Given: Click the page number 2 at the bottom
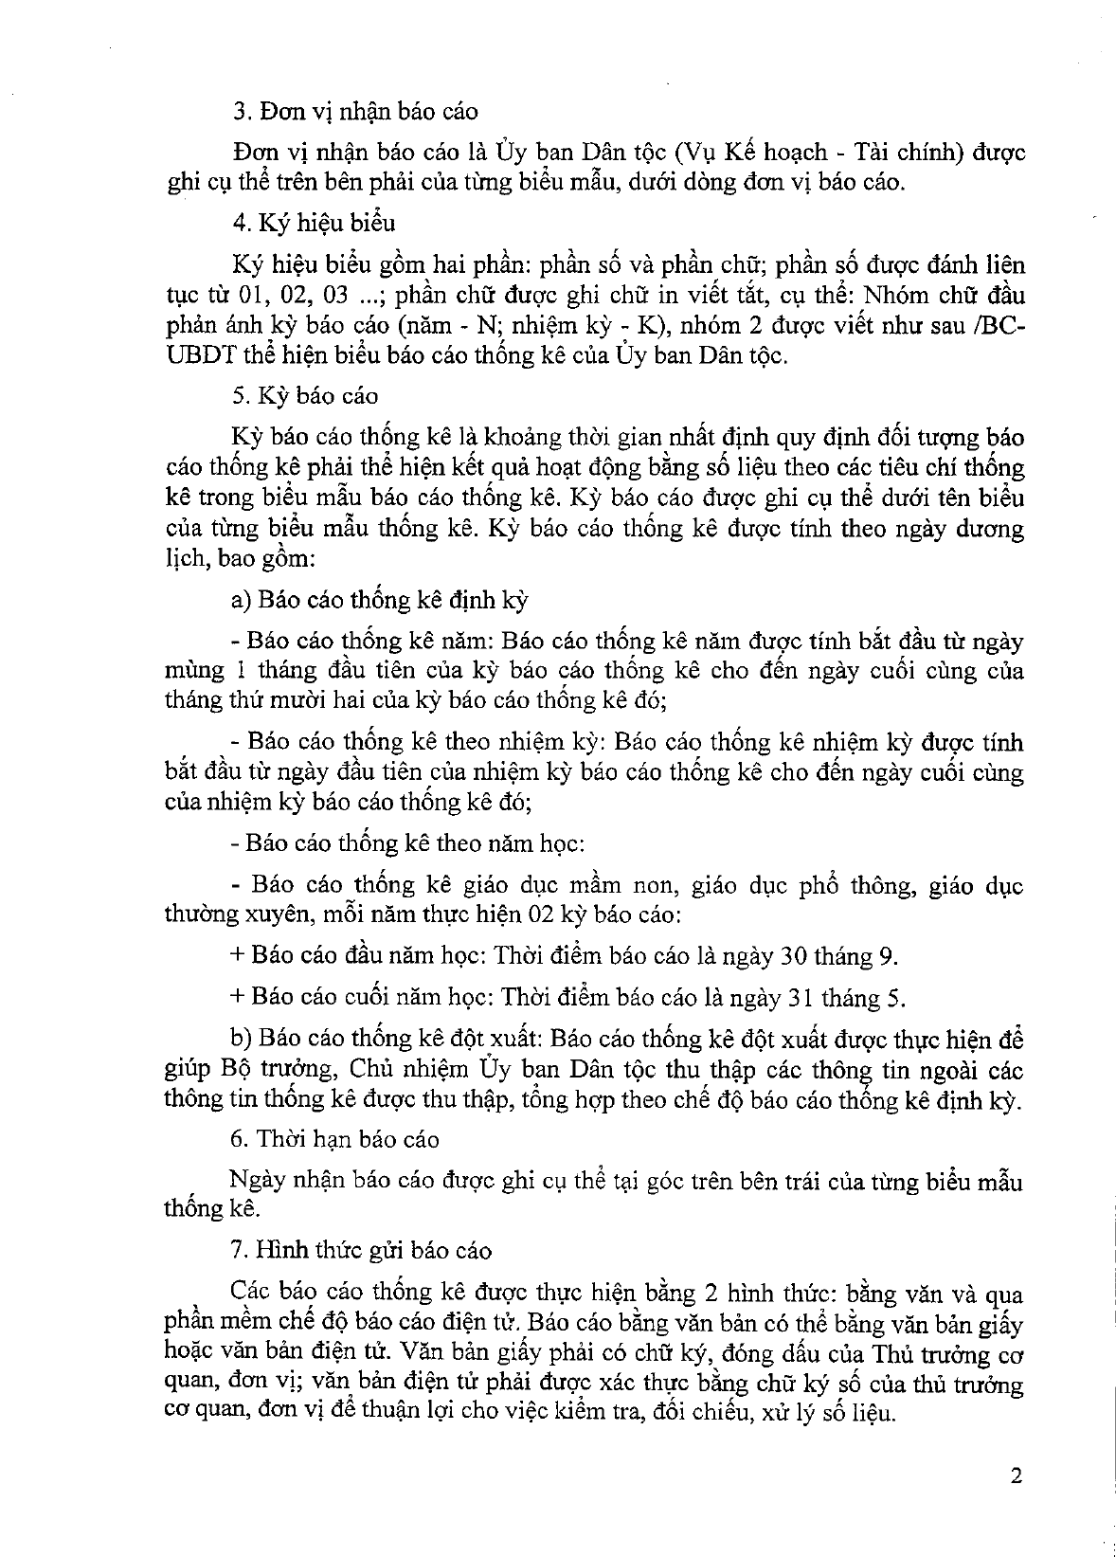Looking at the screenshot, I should (1017, 1476).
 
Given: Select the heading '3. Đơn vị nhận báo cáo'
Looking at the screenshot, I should (355, 112).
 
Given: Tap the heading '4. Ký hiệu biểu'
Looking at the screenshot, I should (314, 224).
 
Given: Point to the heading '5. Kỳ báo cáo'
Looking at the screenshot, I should (304, 396).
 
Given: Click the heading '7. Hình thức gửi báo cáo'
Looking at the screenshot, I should (361, 1250).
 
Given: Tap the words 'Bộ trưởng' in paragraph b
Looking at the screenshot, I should (278, 1069).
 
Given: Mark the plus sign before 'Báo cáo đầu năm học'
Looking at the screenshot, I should (237, 956).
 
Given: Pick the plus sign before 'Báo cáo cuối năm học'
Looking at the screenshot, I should (237, 998).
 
